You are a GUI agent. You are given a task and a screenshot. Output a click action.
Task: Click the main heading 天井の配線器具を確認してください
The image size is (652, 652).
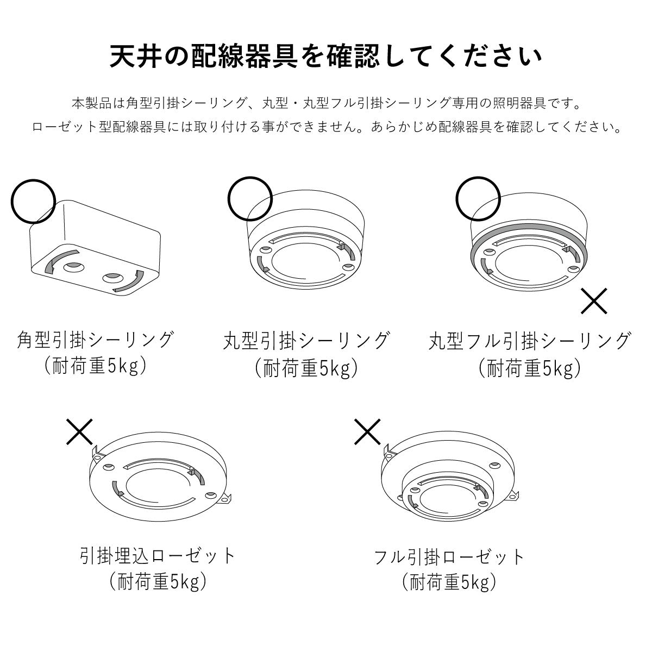click(x=326, y=57)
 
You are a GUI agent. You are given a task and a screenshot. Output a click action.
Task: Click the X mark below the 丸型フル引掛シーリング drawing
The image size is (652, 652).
click(x=594, y=301)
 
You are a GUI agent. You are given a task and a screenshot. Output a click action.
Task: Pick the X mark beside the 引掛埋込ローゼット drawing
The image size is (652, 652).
click(x=79, y=432)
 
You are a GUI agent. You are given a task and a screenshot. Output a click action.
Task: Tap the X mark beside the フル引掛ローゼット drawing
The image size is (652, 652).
click(x=367, y=432)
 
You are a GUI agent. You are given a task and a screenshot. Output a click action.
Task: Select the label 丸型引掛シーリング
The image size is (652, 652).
click(x=306, y=341)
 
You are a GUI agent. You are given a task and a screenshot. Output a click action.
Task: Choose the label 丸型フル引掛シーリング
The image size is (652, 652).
click(x=530, y=341)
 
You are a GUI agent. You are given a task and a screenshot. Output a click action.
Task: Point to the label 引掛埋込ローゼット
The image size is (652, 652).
click(x=158, y=555)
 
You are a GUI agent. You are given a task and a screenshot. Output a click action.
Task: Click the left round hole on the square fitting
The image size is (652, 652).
click(x=74, y=267)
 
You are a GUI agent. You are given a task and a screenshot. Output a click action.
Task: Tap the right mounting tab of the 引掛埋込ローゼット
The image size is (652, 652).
click(x=225, y=499)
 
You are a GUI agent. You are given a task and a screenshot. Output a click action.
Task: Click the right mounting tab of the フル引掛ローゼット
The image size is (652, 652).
click(x=512, y=496)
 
